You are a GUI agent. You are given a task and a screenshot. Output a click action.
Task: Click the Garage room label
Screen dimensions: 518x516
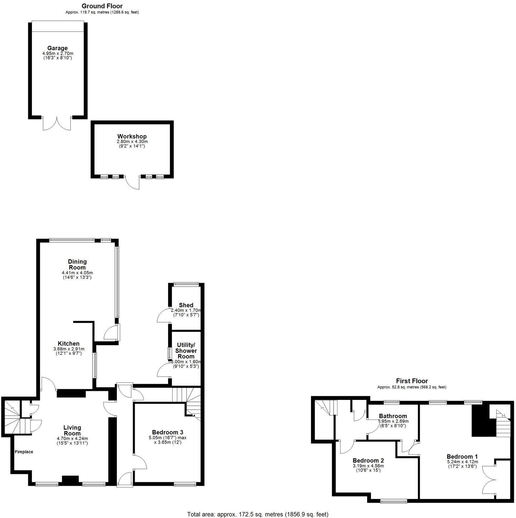57,48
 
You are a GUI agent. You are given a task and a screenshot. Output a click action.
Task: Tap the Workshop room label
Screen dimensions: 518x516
132,136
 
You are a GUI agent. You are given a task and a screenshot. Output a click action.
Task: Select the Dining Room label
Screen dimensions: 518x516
77,265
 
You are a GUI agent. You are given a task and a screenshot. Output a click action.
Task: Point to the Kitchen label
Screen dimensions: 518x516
68,344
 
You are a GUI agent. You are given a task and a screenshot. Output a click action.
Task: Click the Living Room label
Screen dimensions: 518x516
72,430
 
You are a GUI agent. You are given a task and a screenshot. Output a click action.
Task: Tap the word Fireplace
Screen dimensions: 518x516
24,452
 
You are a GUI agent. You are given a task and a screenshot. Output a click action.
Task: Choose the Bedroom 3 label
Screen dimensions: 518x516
167,432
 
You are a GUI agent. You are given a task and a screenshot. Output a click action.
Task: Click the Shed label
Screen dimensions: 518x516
186,305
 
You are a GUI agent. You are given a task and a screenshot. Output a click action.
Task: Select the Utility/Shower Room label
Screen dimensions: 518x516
186,350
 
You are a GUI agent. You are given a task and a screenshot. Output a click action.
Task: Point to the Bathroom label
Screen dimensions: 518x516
393,416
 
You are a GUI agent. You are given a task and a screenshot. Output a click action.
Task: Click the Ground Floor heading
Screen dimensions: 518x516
102,6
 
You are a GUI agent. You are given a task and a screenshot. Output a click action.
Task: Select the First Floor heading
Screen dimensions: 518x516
412,381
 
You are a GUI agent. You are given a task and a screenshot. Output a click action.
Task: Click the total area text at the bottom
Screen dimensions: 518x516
258,514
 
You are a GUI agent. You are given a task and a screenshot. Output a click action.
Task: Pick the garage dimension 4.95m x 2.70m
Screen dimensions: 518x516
57,53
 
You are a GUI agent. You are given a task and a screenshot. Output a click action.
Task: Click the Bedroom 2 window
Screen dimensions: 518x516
393,501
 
